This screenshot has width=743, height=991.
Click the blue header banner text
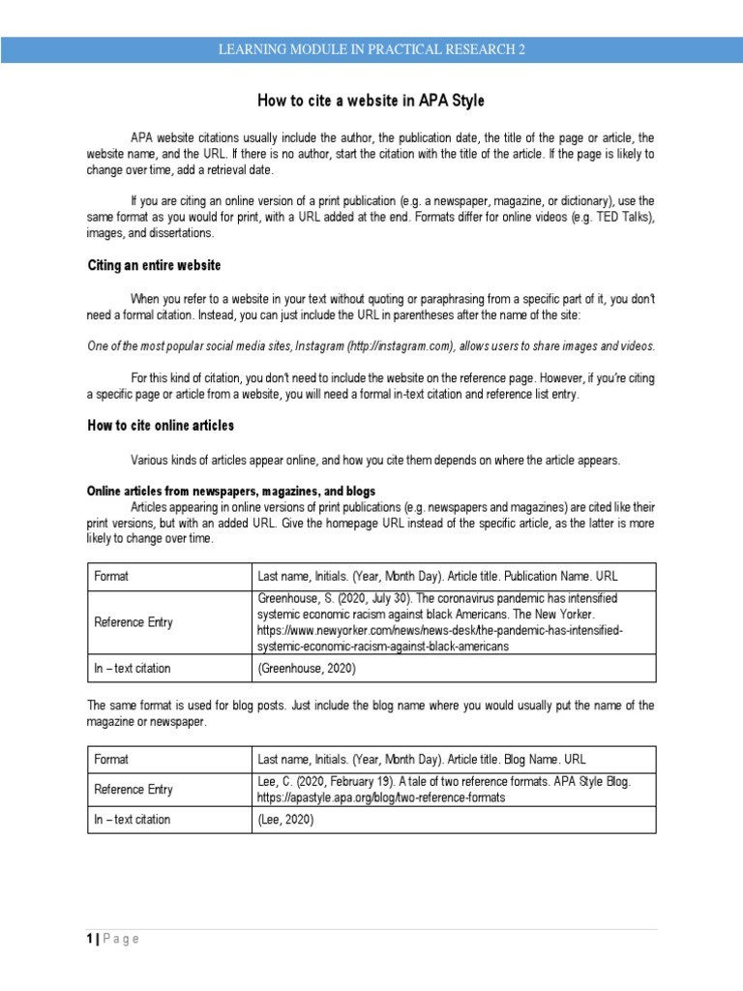(x=371, y=50)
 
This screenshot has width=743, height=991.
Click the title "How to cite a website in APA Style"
(x=371, y=101)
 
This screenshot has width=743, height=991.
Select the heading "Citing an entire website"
(x=155, y=265)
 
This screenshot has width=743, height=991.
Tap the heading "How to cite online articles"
(x=161, y=425)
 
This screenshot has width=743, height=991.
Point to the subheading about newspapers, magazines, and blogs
(x=231, y=492)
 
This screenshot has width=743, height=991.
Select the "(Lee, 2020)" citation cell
(x=285, y=820)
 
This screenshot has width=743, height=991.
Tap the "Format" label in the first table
(x=111, y=576)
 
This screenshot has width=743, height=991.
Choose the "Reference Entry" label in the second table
(x=134, y=789)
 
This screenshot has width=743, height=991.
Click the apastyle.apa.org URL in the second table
(x=382, y=798)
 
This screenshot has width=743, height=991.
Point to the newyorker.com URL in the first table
(x=440, y=631)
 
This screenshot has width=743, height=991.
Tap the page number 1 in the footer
(x=90, y=939)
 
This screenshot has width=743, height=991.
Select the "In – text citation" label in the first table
(x=132, y=668)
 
